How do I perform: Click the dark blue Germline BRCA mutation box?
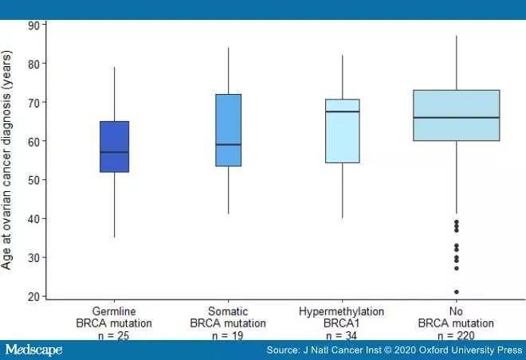click(115, 147)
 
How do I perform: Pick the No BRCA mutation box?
click(457, 115)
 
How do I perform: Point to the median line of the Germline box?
click(115, 152)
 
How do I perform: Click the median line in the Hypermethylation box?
click(343, 112)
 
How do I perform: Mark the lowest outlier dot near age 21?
click(457, 292)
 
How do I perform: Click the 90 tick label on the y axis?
click(34, 25)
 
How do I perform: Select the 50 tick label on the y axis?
click(34, 180)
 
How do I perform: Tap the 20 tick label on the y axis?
click(34, 297)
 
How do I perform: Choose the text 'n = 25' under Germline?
click(115, 336)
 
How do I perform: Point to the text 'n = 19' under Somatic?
click(229, 336)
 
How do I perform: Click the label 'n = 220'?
click(457, 336)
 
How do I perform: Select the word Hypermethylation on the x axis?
click(343, 311)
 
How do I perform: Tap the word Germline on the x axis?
click(115, 311)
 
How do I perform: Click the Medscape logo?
click(33, 350)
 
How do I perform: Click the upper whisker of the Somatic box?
click(229, 71)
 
